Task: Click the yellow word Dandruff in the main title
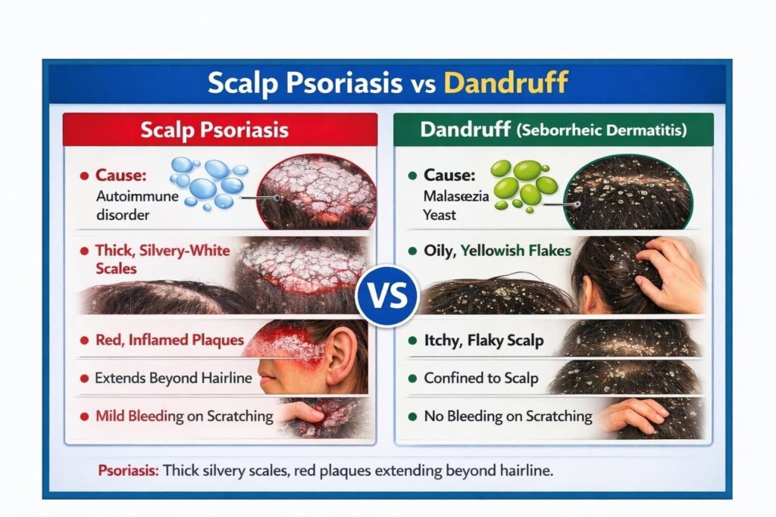[505, 83]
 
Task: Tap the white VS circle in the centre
[387, 296]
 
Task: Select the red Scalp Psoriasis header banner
[221, 129]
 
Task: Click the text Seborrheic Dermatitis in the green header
[602, 130]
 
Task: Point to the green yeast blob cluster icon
[524, 185]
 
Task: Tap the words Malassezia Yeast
[455, 205]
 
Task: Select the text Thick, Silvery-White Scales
[162, 260]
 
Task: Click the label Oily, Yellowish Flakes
[497, 251]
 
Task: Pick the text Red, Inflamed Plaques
[170, 340]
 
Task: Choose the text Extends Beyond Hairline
[174, 378]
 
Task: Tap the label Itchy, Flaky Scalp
[483, 341]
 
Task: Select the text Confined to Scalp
[481, 378]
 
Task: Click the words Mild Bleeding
[139, 416]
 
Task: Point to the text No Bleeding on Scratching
[508, 416]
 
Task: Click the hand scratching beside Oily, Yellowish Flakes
[671, 274]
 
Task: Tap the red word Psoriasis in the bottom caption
[128, 470]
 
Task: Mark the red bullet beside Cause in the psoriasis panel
[84, 176]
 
